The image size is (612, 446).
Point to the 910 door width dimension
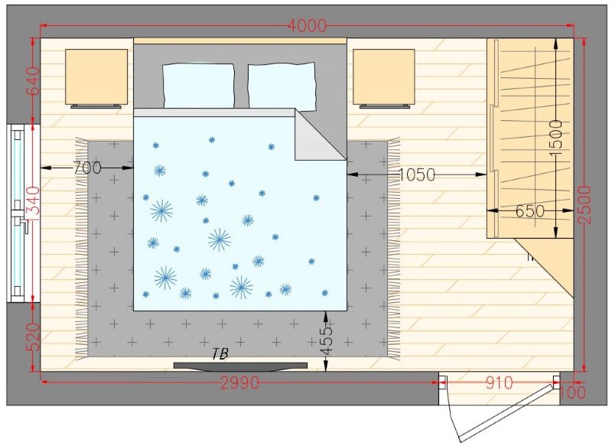tap(500, 383)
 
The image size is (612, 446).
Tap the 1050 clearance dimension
tap(416, 175)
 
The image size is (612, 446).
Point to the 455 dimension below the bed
tap(327, 341)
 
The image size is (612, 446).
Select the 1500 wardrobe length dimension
tap(556, 134)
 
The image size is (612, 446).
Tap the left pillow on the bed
tap(198, 86)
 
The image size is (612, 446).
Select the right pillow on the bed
tap(282, 86)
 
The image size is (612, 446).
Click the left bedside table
tap(96, 77)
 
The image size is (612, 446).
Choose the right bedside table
tap(383, 77)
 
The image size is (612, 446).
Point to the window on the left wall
tap(17, 213)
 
